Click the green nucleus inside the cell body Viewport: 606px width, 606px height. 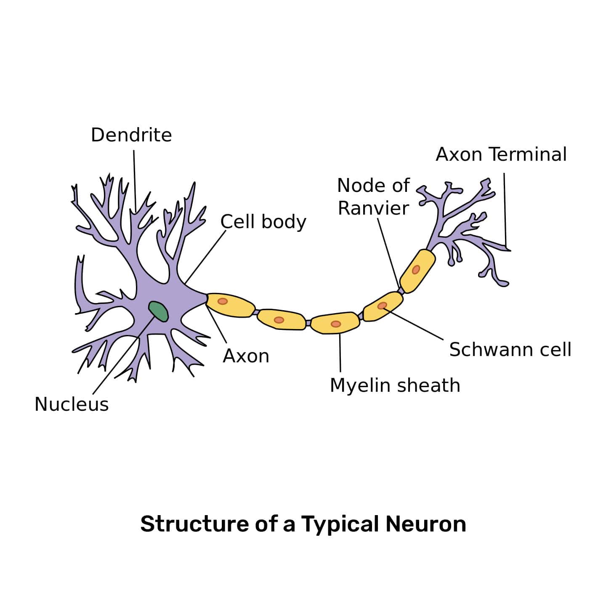(159, 311)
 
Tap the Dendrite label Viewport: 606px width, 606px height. (131, 135)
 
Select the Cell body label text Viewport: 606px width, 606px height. (263, 222)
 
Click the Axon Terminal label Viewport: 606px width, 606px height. (501, 154)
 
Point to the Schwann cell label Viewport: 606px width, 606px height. (510, 350)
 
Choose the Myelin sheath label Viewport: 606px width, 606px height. (395, 385)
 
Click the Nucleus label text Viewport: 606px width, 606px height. (72, 404)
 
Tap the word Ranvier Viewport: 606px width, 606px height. (373, 208)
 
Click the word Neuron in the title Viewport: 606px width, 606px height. (425, 524)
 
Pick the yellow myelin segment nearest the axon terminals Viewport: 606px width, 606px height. (417, 271)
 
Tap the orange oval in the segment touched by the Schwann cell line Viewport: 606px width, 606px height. (382, 306)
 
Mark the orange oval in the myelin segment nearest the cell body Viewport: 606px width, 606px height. (223, 301)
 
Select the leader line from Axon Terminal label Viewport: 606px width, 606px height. (505, 210)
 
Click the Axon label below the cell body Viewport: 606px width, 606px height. (246, 356)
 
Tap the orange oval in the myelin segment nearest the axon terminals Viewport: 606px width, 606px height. (416, 269)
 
